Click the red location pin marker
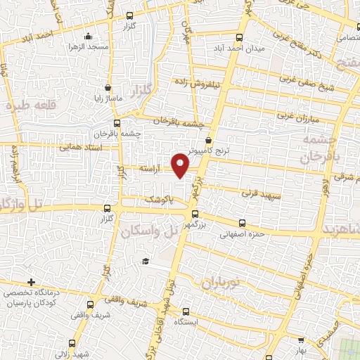point(181,165)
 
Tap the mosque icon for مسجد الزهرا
point(87,37)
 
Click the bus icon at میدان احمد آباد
point(240,38)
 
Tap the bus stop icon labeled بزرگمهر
point(195,215)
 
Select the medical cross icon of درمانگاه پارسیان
point(31,281)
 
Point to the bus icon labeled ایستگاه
point(186,311)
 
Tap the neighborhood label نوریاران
point(221,283)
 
